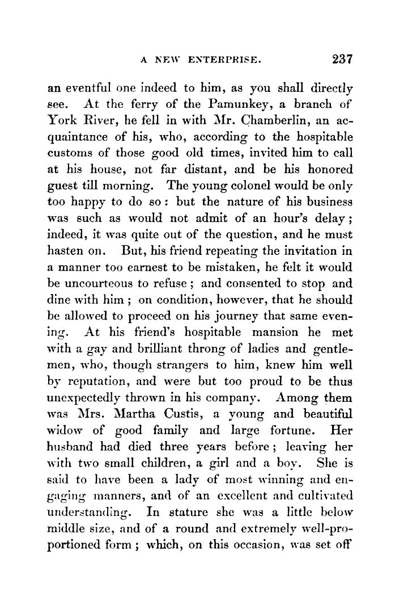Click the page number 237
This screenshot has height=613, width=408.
pyautogui.click(x=343, y=59)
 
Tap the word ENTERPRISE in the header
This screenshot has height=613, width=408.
pyautogui.click(x=228, y=60)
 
